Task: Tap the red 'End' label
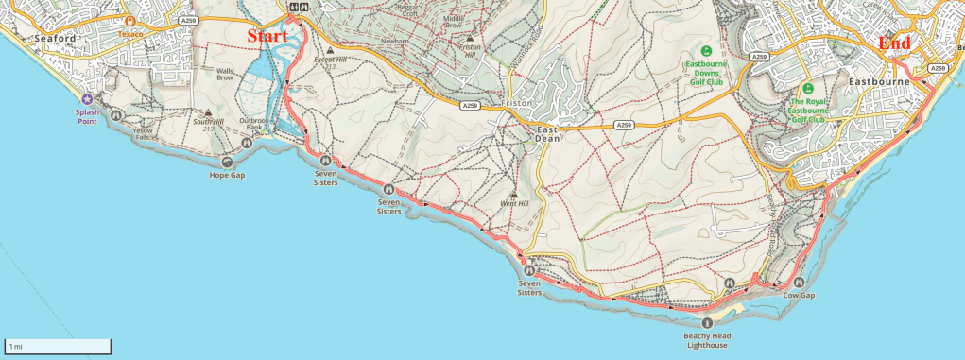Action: [894, 43]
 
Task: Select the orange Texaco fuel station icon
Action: [130, 21]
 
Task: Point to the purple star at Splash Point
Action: [88, 98]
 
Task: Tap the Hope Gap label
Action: [227, 175]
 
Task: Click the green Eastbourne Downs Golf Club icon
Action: [705, 51]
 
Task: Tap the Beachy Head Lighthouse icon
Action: [708, 323]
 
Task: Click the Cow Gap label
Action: [798, 296]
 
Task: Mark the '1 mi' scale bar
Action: [58, 346]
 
